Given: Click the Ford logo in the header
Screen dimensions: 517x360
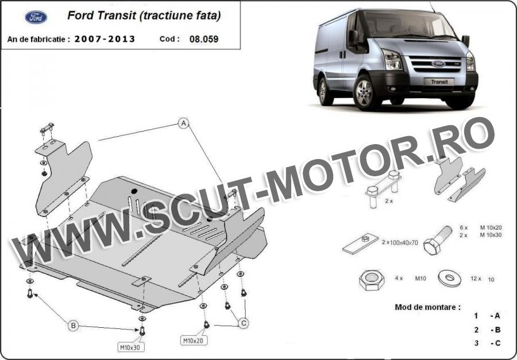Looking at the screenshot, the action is (36, 17).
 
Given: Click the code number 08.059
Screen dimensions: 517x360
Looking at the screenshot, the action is (204, 39).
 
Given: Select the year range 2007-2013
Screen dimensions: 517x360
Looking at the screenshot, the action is (105, 39).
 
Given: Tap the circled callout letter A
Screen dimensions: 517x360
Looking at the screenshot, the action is (184, 123).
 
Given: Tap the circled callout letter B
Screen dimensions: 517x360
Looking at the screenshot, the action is (73, 326).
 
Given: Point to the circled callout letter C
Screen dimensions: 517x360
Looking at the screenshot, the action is (244, 323).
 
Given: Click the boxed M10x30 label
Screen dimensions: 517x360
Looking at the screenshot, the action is (131, 347).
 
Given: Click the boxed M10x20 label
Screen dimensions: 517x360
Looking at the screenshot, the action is (194, 340).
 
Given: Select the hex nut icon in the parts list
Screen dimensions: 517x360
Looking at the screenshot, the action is (372, 280).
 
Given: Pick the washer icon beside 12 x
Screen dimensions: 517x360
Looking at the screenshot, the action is (449, 278).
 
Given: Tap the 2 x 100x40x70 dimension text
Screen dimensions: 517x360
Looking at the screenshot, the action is (400, 242).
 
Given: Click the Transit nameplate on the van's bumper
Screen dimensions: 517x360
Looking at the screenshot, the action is (439, 82).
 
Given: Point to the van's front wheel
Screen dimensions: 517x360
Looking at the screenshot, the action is (364, 92).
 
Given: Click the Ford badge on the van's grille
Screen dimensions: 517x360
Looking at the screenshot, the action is (438, 64).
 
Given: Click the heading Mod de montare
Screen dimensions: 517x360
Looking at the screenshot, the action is (427, 307).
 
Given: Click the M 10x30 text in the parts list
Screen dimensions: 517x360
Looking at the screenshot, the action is (491, 235).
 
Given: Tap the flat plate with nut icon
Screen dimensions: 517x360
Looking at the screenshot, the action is (360, 243).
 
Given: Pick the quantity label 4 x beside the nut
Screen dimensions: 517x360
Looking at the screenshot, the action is (399, 278).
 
